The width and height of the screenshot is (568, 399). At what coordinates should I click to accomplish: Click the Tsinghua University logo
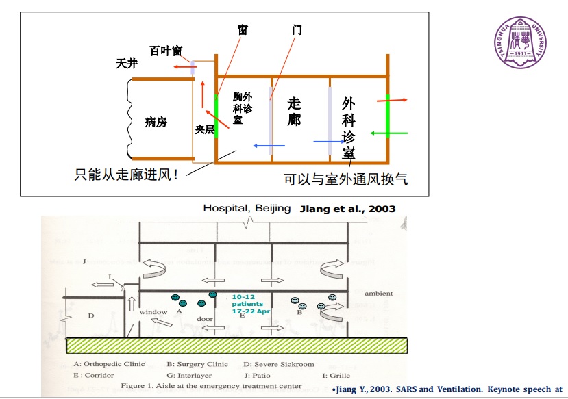pos(521,42)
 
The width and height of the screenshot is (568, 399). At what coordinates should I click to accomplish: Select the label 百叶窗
pos(166,51)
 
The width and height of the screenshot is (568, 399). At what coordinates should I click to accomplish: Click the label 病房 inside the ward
pos(156,122)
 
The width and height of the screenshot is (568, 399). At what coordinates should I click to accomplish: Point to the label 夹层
pos(206,129)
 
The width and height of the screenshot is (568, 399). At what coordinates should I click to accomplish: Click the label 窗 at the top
pos(242,30)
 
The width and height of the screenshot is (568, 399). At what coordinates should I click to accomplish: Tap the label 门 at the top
pos(296,30)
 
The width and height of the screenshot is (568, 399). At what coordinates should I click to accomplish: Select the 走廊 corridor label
pos(295,111)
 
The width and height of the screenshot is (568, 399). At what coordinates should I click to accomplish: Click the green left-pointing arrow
pos(389,132)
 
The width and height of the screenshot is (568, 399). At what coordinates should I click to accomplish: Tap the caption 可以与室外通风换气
pos(345,179)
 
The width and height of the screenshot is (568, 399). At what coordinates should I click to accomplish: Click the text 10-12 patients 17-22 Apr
pos(251,304)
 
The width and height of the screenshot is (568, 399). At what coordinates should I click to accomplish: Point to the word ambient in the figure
pos(378,293)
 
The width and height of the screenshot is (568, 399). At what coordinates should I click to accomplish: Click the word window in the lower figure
pos(153,312)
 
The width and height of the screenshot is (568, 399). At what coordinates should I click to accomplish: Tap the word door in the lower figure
pos(203,320)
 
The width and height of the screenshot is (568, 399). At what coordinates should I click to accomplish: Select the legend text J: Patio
pos(258,375)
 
